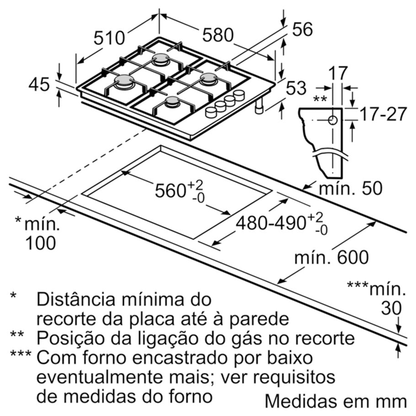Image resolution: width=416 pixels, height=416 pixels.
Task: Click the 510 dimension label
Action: (x=109, y=37)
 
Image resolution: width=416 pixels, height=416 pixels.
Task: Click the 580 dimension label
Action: (x=218, y=35)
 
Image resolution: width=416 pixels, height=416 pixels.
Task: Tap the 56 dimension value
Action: (x=302, y=29)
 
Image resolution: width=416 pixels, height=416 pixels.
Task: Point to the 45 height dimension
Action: (x=39, y=85)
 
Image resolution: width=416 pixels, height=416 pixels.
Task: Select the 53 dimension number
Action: (x=296, y=88)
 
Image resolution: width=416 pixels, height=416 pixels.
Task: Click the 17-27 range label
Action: (x=383, y=114)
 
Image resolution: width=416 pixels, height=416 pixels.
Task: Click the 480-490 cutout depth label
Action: (x=281, y=223)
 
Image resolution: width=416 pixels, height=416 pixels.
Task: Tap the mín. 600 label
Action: (x=331, y=257)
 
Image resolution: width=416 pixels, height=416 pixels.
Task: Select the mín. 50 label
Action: (x=351, y=188)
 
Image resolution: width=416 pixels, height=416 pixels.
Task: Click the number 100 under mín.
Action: (x=40, y=243)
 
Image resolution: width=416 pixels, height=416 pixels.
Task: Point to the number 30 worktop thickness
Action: (x=391, y=309)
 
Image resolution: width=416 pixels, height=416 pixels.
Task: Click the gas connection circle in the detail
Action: (x=333, y=120)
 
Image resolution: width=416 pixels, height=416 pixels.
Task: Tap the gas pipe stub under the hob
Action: (x=259, y=107)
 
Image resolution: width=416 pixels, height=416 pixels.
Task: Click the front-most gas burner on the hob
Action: (x=172, y=102)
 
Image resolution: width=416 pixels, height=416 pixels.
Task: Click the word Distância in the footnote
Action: (x=76, y=299)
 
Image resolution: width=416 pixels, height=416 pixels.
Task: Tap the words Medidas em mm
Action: (x=336, y=401)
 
